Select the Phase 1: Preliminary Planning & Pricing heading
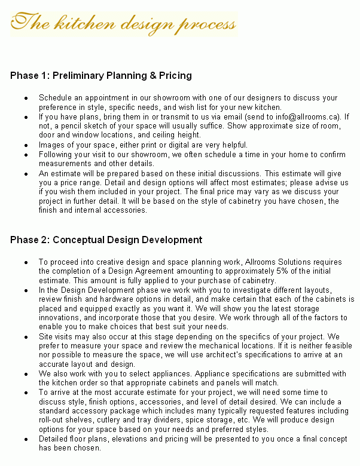100,76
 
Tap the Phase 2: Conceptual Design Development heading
106,240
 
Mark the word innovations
61,317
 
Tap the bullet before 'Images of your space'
26,145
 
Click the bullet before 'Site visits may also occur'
26,337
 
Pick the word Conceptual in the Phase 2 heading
77,240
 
